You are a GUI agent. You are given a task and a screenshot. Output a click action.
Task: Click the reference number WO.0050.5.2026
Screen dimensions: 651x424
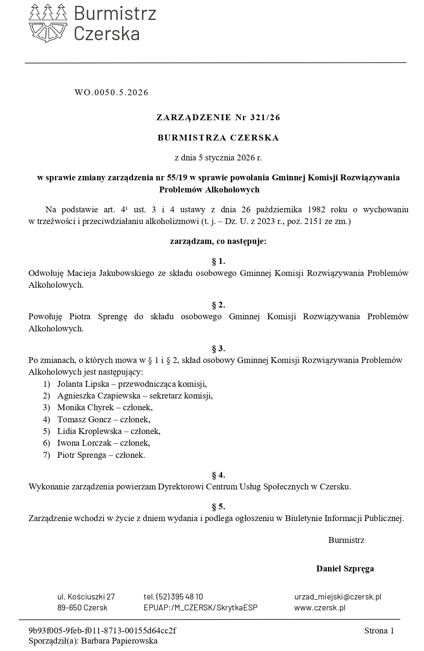click(112, 92)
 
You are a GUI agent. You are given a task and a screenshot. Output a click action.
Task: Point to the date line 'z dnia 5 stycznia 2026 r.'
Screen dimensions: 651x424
click(218, 158)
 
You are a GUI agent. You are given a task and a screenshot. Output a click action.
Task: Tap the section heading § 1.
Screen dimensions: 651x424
click(218, 261)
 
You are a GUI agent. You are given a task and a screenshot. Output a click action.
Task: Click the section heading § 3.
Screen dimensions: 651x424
click(218, 349)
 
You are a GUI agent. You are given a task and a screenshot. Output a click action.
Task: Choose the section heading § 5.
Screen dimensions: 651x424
click(218, 507)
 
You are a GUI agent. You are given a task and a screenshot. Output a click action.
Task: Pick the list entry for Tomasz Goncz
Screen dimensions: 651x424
click(84, 420)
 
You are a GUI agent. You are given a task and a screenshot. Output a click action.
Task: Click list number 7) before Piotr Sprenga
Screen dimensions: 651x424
click(47, 455)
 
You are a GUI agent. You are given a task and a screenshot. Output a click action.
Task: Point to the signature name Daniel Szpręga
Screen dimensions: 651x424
click(345, 568)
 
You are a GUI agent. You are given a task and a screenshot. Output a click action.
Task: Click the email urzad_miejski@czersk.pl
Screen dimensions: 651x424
click(338, 597)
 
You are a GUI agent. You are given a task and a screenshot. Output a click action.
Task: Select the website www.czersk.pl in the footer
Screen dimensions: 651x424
click(320, 608)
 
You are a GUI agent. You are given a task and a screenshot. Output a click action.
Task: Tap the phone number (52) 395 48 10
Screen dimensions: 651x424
click(179, 597)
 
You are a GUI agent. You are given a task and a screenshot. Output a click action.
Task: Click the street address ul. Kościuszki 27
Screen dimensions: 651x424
click(86, 597)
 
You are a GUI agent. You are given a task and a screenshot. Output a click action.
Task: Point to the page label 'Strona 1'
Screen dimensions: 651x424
click(379, 631)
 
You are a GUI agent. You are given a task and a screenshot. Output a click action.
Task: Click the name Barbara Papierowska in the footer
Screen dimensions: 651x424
click(119, 641)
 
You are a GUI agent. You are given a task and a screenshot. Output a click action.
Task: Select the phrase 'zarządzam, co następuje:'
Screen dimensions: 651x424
click(218, 241)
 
